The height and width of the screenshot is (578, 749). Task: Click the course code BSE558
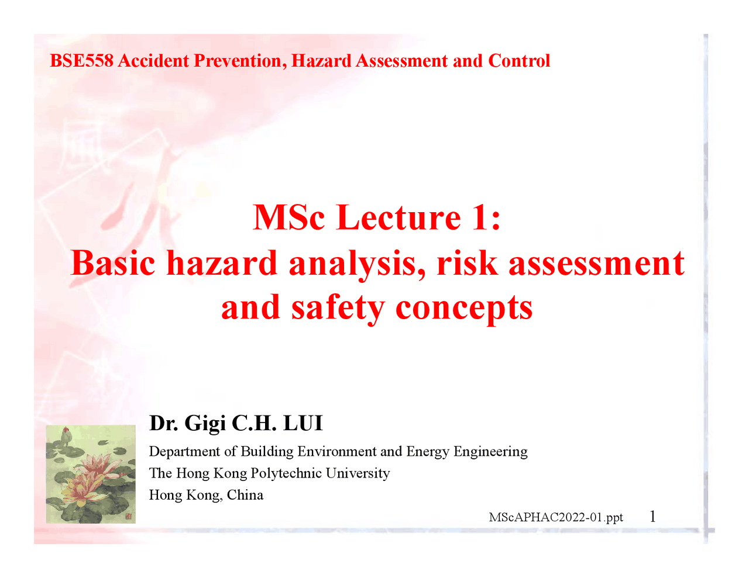pyautogui.click(x=81, y=61)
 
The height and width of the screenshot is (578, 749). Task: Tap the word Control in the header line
pyautogui.click(x=519, y=61)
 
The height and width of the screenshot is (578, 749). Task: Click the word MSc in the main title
pyautogui.click(x=288, y=217)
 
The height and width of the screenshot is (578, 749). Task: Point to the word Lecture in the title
pyautogui.click(x=399, y=217)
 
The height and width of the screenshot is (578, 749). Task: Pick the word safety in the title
pyautogui.click(x=338, y=308)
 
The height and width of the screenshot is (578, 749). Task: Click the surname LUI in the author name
pyautogui.click(x=303, y=423)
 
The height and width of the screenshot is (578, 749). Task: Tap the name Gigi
pyautogui.click(x=205, y=423)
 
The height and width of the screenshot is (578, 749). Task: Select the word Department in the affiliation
pyautogui.click(x=184, y=452)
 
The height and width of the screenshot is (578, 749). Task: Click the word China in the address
pyautogui.click(x=245, y=495)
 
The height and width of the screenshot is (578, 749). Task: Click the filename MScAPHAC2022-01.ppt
pyautogui.click(x=556, y=517)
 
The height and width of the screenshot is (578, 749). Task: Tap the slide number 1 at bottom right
pyautogui.click(x=652, y=517)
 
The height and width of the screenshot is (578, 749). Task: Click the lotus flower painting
pyautogui.click(x=91, y=474)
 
